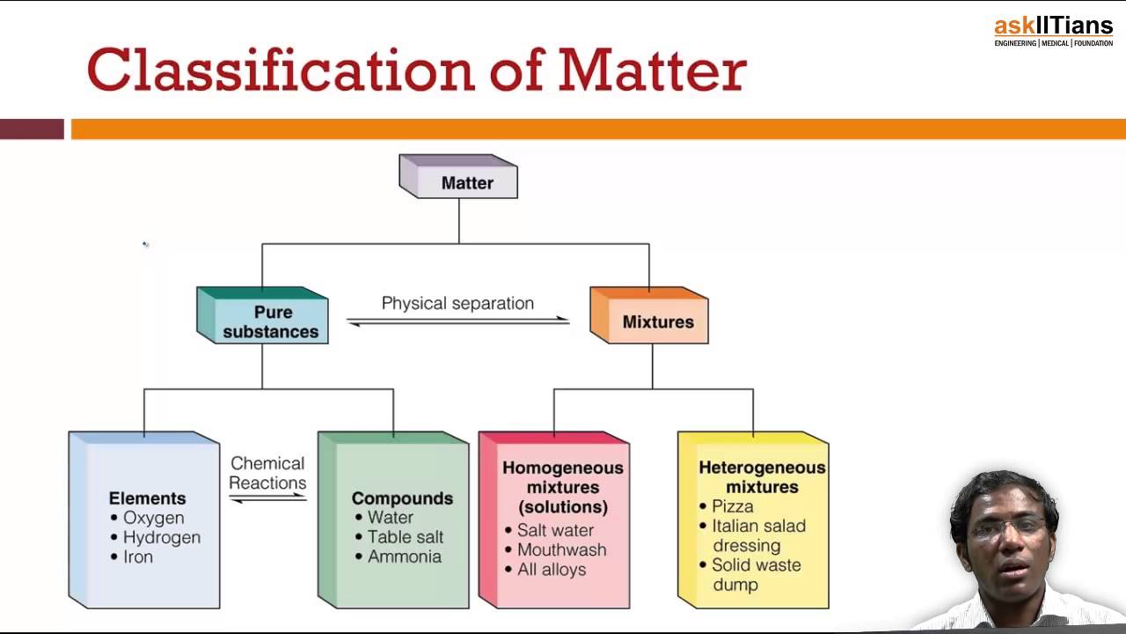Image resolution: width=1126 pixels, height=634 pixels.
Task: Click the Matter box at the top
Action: pos(465,182)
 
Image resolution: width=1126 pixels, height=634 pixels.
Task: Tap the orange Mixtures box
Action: pos(657,321)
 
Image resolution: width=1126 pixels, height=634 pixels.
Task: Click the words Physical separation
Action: pos(457,303)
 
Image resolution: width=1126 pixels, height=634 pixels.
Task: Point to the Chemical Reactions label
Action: pos(267,473)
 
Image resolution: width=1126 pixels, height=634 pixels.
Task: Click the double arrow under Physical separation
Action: pos(458,322)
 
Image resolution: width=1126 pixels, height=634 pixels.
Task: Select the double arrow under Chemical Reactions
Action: pos(267,498)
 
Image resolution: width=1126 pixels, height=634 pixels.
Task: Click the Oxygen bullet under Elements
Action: pos(153,518)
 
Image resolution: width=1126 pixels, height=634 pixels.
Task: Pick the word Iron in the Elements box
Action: pos(138,557)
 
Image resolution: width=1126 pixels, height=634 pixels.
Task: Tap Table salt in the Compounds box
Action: pos(405,537)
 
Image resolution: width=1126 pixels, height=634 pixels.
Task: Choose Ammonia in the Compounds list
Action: pos(404,557)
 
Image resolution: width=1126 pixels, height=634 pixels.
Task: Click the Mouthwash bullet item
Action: pos(561,549)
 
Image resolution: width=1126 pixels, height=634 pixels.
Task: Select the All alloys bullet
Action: pos(551,570)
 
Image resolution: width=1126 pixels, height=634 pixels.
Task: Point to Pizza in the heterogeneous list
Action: pos(732,506)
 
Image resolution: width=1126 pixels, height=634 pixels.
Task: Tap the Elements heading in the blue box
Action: pos(147,498)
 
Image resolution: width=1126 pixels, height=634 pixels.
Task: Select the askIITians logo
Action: pos(1053,31)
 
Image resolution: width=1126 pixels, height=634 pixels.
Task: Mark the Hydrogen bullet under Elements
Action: pos(161,537)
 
